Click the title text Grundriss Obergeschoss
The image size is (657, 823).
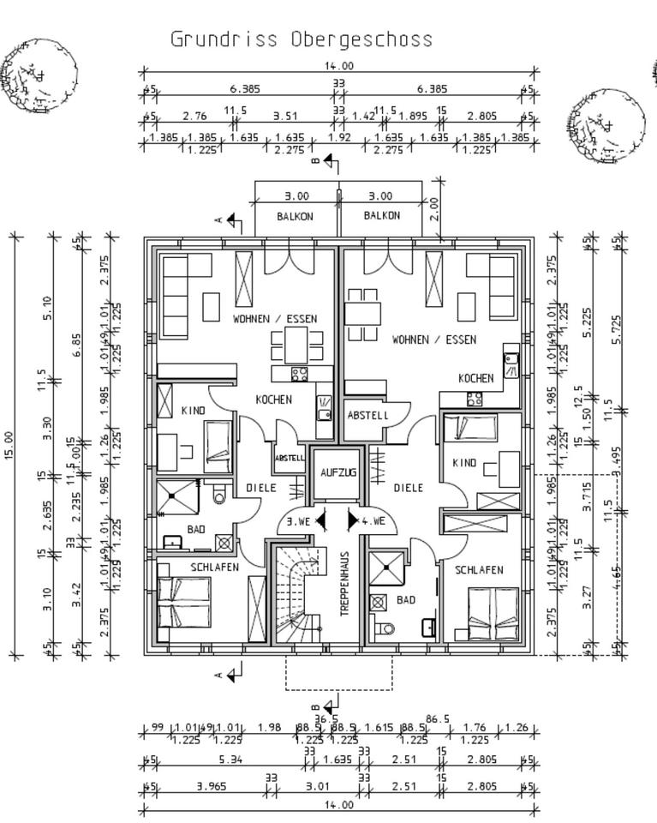pos(302,39)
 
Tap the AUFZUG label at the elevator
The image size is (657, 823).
pos(337,472)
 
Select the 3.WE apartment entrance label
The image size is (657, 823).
pos(299,521)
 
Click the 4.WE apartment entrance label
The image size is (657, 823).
pos(373,521)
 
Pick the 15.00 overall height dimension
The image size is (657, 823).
pos(9,445)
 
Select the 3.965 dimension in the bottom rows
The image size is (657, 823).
pos(212,786)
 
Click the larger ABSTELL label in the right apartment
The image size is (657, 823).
pos(367,416)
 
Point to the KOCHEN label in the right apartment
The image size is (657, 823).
pos(475,378)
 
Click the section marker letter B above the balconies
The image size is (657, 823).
pos(315,160)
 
